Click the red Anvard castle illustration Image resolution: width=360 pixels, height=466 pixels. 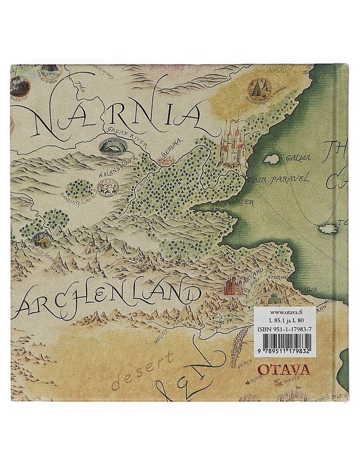pyautogui.click(x=236, y=285)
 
